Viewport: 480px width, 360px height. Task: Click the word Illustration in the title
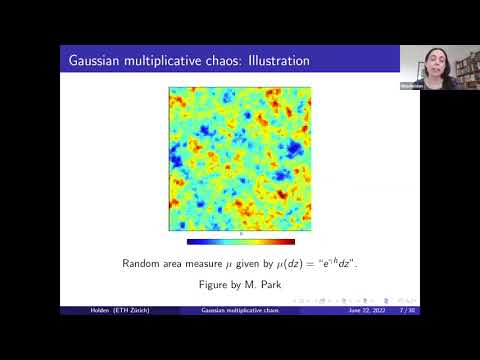click(x=270, y=61)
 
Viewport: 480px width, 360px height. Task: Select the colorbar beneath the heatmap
click(x=240, y=241)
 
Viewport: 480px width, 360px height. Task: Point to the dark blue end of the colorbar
click(x=190, y=241)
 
